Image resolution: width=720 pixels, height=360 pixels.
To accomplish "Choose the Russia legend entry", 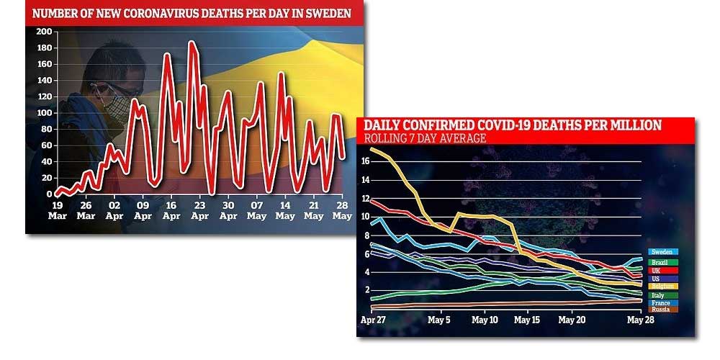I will (661, 310).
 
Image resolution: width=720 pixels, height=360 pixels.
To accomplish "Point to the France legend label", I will (661, 302).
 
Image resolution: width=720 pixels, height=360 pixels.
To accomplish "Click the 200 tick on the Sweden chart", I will (42, 32).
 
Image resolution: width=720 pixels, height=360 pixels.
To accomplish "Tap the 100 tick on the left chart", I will (42, 113).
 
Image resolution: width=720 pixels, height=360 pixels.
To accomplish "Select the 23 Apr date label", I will (199, 210).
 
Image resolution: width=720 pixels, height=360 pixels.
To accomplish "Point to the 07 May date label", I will (257, 210).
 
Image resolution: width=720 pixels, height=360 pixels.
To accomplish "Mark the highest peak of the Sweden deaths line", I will (192, 42).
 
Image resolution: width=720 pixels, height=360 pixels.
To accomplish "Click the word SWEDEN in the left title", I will (322, 12).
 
